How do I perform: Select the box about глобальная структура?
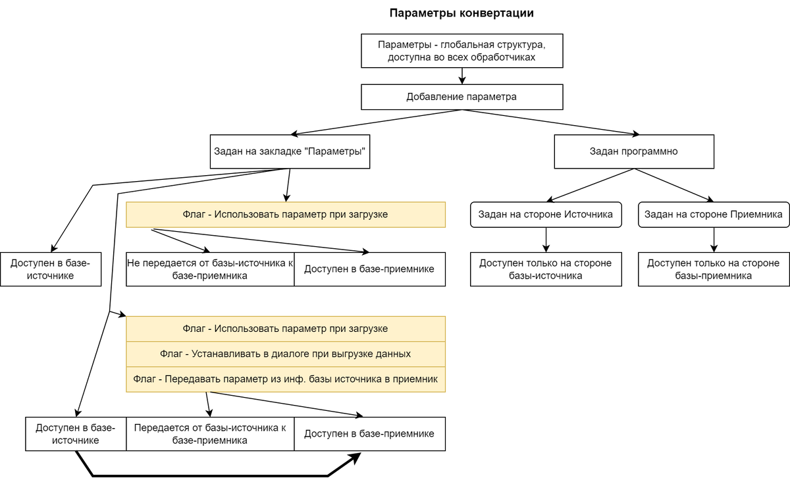tap(461, 51)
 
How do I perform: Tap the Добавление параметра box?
tap(461, 97)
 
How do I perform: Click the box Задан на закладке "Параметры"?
tap(290, 151)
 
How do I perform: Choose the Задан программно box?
tap(633, 151)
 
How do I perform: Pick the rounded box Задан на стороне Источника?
tap(546, 215)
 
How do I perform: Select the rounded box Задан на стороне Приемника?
tap(713, 215)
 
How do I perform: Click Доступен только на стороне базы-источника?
tap(546, 269)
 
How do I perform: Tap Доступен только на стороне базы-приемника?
tap(713, 269)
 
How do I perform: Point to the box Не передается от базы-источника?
tap(210, 269)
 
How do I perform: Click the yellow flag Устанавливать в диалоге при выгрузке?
tap(285, 354)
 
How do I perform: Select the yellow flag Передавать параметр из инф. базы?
tap(285, 379)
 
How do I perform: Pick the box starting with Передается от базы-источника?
tap(210, 434)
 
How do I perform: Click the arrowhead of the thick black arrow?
tap(356, 456)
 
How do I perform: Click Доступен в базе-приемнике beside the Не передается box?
tap(369, 269)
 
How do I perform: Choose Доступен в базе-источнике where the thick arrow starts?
tap(76, 434)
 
